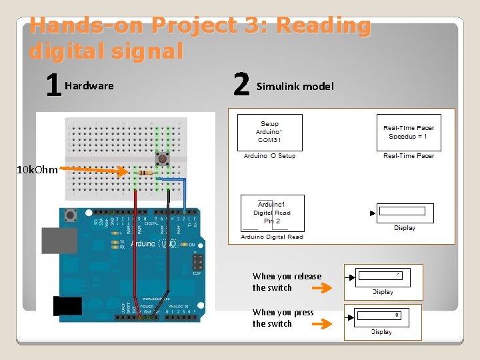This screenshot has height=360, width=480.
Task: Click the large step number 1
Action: pyautogui.click(x=53, y=85)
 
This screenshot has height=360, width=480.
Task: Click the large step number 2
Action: pyautogui.click(x=241, y=85)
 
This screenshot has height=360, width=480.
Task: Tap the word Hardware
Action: pyautogui.click(x=89, y=86)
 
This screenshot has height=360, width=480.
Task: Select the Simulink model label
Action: pyautogui.click(x=295, y=86)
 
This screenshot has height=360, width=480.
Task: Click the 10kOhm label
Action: pyautogui.click(x=37, y=170)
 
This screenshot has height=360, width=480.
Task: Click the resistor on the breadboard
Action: pyautogui.click(x=143, y=173)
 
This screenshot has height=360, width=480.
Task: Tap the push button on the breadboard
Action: pyautogui.click(x=161, y=158)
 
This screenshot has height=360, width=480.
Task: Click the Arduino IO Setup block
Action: pyautogui.click(x=269, y=132)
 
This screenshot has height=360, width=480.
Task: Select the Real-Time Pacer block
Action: pyautogui.click(x=408, y=132)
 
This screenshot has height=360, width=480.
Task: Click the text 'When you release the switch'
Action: pyautogui.click(x=287, y=282)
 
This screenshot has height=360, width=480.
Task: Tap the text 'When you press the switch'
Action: pyautogui.click(x=283, y=318)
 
